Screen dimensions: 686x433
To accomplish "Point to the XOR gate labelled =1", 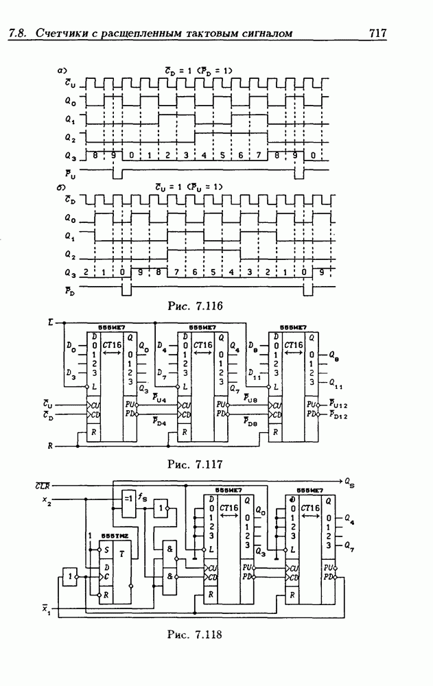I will (128, 497).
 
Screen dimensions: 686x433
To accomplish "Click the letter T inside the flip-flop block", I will (121, 554).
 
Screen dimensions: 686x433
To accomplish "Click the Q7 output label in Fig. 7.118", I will (350, 546).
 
